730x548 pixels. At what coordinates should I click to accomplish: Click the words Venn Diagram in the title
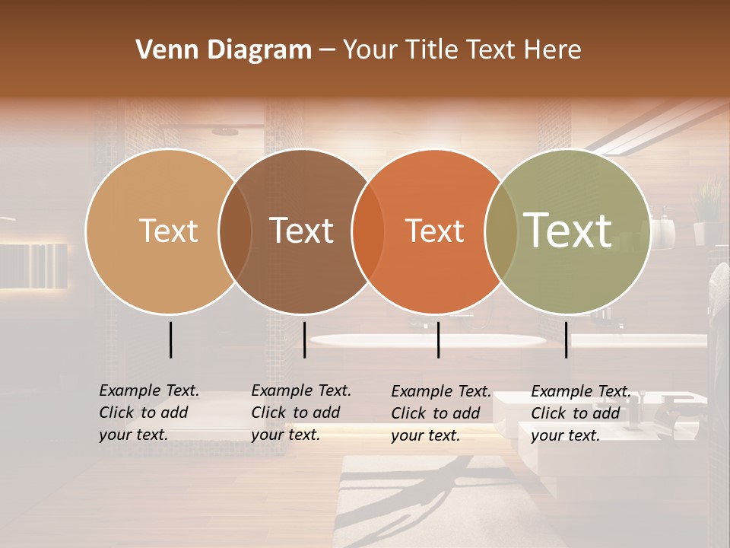(x=224, y=50)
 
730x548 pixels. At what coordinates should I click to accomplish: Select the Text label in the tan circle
(x=168, y=231)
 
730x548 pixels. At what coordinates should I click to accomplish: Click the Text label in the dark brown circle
(x=302, y=231)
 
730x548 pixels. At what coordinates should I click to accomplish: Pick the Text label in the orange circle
(x=434, y=231)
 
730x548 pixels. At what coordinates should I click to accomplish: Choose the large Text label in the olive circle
(x=568, y=230)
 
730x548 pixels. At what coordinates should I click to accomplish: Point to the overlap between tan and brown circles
(x=235, y=231)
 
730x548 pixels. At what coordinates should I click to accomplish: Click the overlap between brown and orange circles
(x=368, y=231)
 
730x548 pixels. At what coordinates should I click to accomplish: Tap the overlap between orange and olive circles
(x=501, y=231)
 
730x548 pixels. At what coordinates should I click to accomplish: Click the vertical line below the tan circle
(x=171, y=339)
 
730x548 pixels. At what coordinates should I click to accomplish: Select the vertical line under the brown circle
(x=304, y=339)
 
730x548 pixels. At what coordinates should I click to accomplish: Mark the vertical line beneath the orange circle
(x=439, y=339)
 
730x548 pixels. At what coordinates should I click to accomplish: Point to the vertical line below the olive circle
(x=567, y=339)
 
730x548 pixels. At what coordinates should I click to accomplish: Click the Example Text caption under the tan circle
(x=149, y=413)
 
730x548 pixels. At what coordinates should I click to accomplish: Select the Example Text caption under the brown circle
(x=301, y=413)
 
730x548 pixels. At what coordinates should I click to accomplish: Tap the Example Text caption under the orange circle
(x=441, y=413)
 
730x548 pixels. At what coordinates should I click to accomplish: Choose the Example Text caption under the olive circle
(x=581, y=413)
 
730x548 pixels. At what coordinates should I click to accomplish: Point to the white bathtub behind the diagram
(x=426, y=340)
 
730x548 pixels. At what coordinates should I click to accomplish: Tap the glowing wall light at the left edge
(x=34, y=266)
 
